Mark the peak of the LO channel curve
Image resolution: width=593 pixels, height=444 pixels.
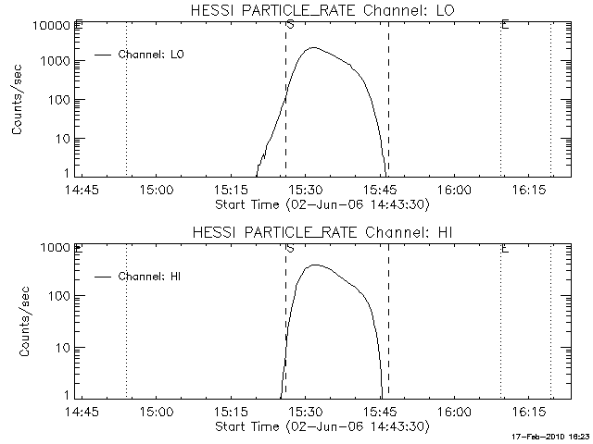[x=314, y=48]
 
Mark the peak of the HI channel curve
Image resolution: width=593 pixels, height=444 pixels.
[x=314, y=265]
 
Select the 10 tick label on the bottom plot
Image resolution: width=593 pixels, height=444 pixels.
[x=65, y=348]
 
